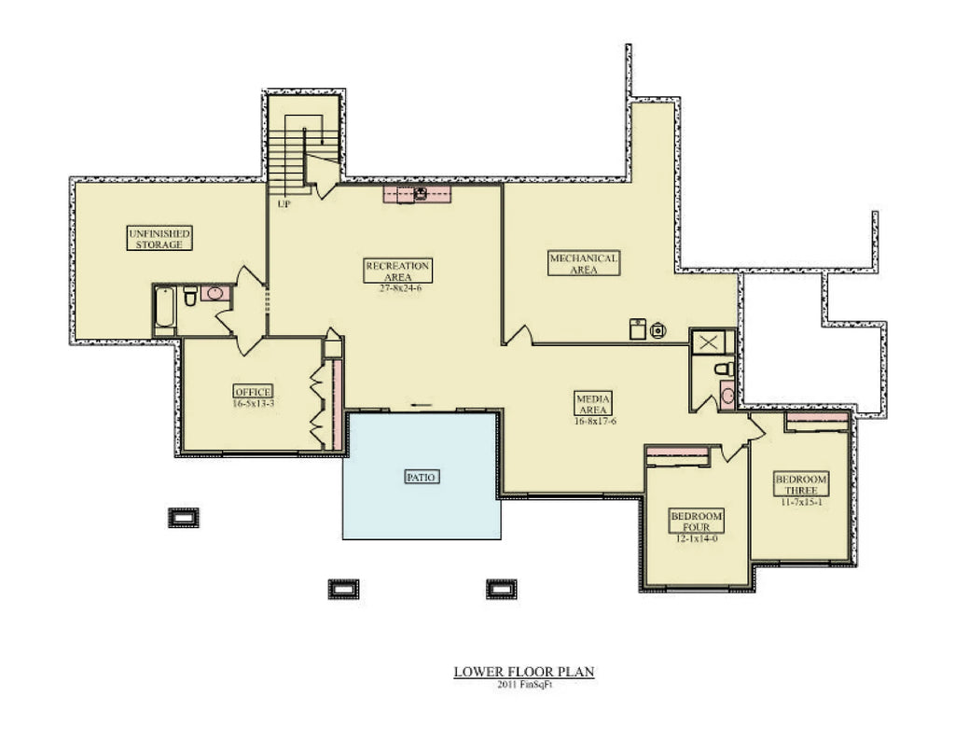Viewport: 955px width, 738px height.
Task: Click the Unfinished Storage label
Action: tap(159, 238)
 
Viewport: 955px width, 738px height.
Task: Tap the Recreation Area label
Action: tap(398, 271)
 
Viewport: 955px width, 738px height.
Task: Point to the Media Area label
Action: tap(592, 404)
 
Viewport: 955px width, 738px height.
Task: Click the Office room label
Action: tap(253, 391)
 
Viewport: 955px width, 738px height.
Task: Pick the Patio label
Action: tap(422, 477)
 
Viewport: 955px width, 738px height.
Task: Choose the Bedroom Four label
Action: tap(697, 521)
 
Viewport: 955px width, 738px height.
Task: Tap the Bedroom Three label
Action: tap(801, 484)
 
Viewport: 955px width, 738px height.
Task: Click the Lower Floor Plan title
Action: tap(523, 671)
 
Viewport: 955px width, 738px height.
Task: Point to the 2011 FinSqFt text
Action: tap(523, 685)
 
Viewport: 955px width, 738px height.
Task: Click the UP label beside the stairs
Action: tap(284, 202)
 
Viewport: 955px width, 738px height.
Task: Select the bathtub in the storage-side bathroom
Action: tap(165, 311)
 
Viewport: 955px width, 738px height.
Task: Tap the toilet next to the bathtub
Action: tap(190, 298)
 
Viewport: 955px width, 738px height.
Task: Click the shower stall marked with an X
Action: tap(710, 341)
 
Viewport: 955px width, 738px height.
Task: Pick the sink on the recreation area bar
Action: tap(421, 194)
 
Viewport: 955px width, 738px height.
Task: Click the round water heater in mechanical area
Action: tap(658, 328)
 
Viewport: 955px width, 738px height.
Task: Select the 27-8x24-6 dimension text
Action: tap(398, 288)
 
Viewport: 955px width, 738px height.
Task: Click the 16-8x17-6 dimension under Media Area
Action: tap(595, 422)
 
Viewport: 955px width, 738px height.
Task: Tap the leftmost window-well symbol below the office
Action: tap(183, 517)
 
